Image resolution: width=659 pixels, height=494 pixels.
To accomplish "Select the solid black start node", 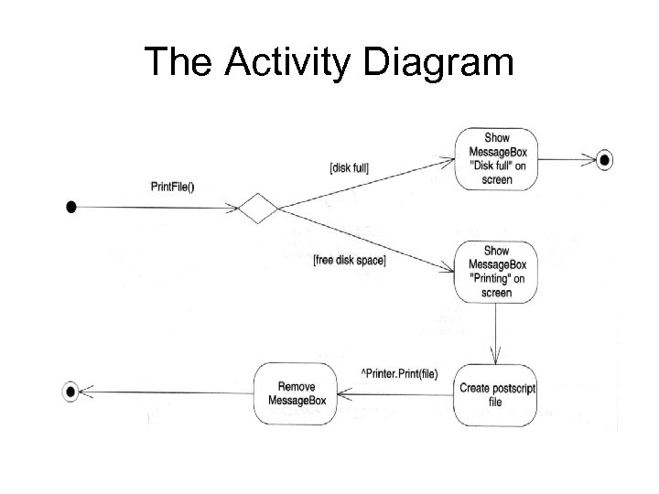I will tap(71, 209).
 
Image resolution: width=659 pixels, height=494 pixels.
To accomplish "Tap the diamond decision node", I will tap(258, 209).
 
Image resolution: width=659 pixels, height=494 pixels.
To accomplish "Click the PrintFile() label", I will tap(173, 188).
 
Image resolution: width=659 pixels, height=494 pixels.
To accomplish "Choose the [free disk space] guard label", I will tap(349, 261).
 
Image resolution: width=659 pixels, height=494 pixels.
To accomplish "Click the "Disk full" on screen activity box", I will tap(496, 159).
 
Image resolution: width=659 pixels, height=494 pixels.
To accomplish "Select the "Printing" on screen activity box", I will tap(496, 272).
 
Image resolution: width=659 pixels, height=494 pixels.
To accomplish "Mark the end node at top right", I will tap(604, 160).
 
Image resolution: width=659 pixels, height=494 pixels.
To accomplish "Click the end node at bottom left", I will tap(70, 392).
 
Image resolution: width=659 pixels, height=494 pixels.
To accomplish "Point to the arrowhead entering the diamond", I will tap(232, 209).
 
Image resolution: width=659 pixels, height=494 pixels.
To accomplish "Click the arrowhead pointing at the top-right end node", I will tap(590, 160).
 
